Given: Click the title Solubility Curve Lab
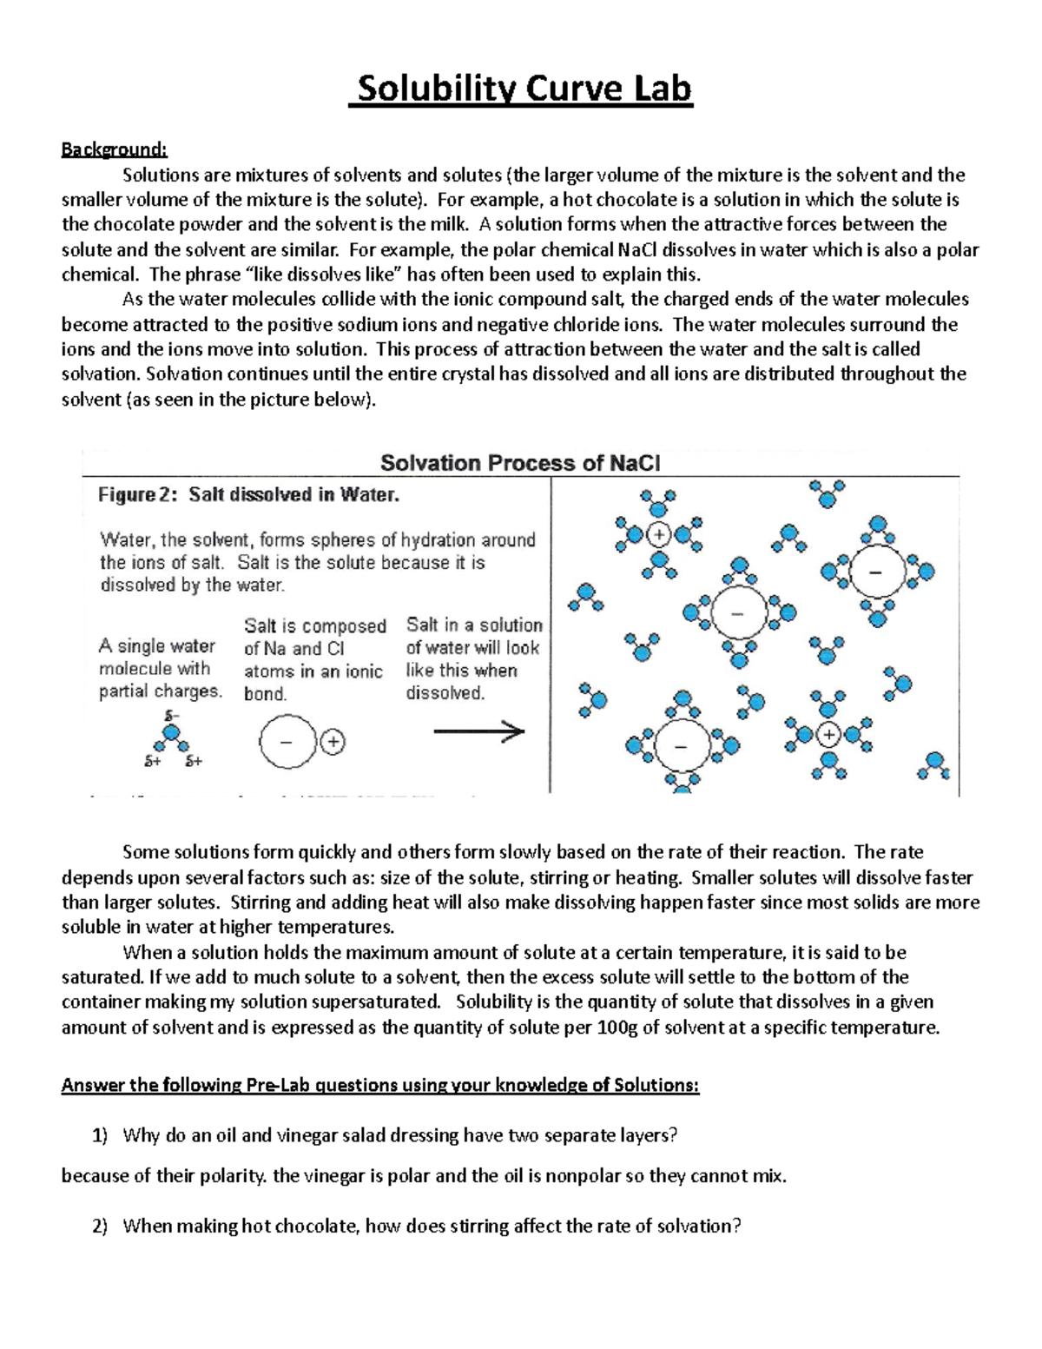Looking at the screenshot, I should click(521, 89).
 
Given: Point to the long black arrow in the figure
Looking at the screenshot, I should click(479, 732).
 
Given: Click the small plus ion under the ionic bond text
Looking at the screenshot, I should click(333, 742).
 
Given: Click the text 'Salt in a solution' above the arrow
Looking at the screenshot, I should click(474, 625).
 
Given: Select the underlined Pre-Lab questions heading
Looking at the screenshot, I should click(379, 1085).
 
